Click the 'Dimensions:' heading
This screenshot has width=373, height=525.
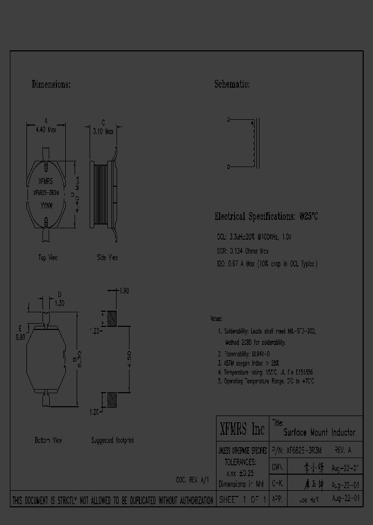51,84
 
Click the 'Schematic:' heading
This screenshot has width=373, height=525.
232,84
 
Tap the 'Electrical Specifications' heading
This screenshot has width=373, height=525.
266,216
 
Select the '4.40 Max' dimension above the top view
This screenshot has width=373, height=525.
46,131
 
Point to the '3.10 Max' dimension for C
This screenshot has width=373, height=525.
103,132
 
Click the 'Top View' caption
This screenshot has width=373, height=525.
48,257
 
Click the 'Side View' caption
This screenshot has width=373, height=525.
107,257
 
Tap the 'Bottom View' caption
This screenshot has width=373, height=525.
48,440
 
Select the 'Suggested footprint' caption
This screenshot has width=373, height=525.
112,440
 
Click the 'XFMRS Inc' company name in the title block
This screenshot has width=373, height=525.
242,429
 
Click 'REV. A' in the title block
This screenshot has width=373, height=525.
343,451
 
